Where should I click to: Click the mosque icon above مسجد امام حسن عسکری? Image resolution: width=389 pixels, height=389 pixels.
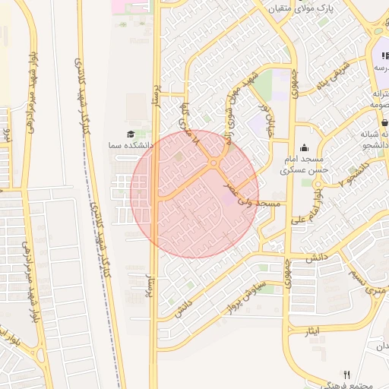[305, 148]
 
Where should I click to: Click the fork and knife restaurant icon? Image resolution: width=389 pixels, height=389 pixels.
[347, 375]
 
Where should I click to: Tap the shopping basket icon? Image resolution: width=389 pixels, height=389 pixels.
[384, 122]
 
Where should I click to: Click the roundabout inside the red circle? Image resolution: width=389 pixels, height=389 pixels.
[213, 163]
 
